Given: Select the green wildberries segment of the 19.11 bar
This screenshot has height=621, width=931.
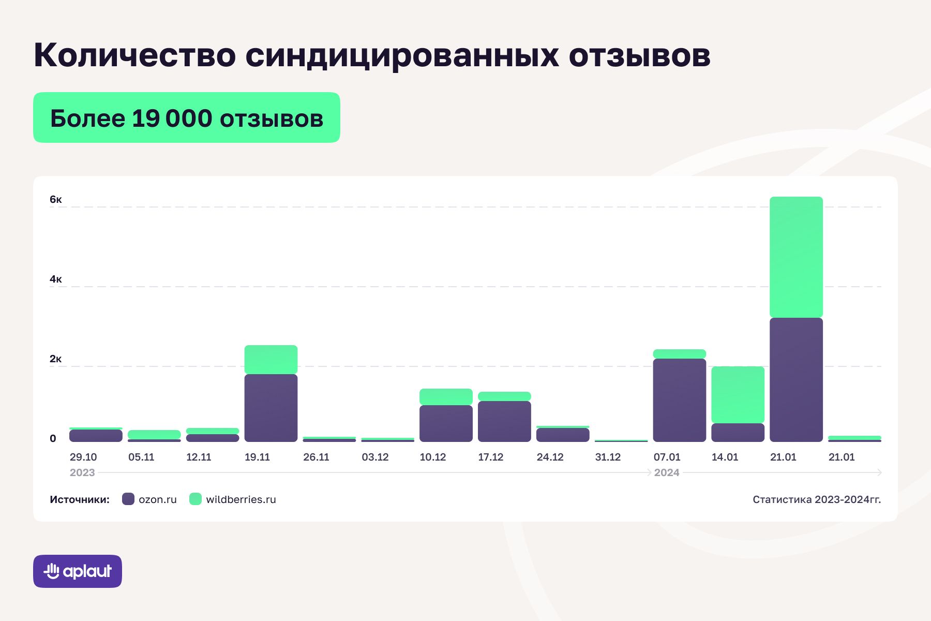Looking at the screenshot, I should pyautogui.click(x=271, y=359).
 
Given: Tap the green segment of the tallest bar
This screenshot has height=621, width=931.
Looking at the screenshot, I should pyautogui.click(x=796, y=257).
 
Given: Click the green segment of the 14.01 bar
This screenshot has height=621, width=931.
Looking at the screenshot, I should pyautogui.click(x=738, y=394).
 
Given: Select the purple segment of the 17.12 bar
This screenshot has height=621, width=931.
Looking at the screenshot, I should pyautogui.click(x=504, y=421).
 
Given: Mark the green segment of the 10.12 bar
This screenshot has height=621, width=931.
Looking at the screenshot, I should pyautogui.click(x=446, y=396).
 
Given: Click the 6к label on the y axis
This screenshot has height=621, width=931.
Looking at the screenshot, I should pyautogui.click(x=56, y=200).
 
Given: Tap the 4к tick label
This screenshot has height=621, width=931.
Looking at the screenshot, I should pyautogui.click(x=56, y=279).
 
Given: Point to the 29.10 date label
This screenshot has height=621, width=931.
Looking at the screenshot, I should pyautogui.click(x=83, y=457).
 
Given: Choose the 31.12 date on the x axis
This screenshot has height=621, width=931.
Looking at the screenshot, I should pyautogui.click(x=608, y=457).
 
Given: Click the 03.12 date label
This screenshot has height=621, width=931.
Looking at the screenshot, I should pyautogui.click(x=375, y=457).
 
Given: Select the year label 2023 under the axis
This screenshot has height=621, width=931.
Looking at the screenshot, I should pyautogui.click(x=82, y=472).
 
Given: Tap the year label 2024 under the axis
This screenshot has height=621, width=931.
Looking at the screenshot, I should pyautogui.click(x=667, y=472).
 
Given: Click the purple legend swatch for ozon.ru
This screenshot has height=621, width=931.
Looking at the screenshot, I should pyautogui.click(x=128, y=499).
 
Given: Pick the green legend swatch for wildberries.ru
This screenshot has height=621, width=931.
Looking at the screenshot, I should pyautogui.click(x=196, y=499).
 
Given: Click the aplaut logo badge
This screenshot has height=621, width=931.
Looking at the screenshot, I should pyautogui.click(x=78, y=571).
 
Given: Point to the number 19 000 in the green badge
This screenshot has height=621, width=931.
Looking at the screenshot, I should pyautogui.click(x=172, y=119).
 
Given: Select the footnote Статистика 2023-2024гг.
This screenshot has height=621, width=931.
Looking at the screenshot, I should pyautogui.click(x=817, y=499).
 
